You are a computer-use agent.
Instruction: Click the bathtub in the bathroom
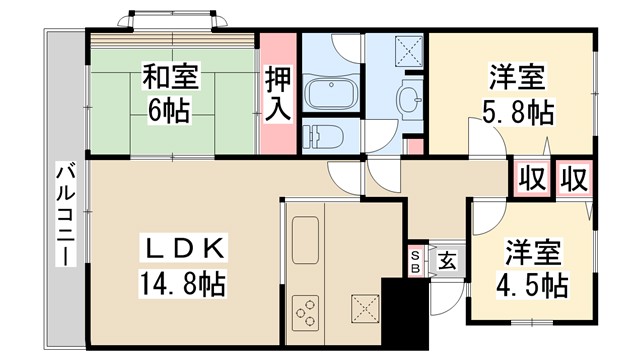click(331, 96)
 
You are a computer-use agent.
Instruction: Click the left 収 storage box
click(532, 180)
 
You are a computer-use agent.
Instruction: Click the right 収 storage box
click(573, 180)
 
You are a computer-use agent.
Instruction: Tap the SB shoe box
click(415, 262)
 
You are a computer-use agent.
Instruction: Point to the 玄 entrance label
click(447, 262)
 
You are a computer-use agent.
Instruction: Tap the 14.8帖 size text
click(181, 283)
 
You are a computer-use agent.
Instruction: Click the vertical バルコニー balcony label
click(63, 214)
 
